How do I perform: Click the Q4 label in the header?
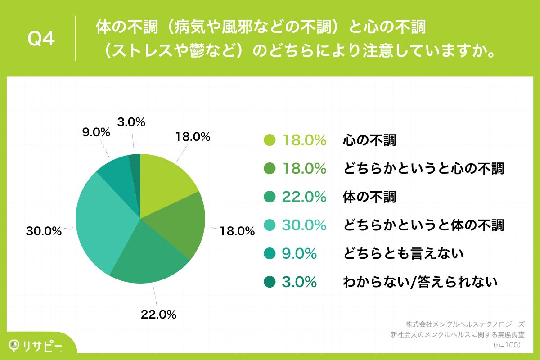(x=41, y=40)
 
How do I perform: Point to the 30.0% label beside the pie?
(x=44, y=231)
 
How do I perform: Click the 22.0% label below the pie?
(x=158, y=315)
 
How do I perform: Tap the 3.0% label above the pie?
(x=131, y=122)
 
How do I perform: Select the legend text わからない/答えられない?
(x=420, y=282)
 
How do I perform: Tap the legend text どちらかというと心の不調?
(x=423, y=169)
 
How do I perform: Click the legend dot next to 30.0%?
(x=269, y=225)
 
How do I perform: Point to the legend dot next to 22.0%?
(x=269, y=197)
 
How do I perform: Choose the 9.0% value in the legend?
(x=299, y=254)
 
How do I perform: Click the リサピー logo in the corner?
(x=36, y=346)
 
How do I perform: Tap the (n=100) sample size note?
(x=507, y=345)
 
